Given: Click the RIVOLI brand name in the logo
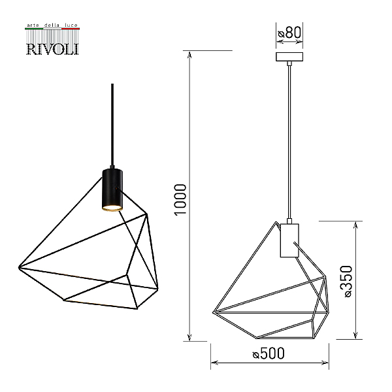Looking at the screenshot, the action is [52, 49].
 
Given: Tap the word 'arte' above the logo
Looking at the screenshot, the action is [33, 25].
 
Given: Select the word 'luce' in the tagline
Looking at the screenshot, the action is [71, 25].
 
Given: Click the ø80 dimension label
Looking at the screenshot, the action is [289, 33].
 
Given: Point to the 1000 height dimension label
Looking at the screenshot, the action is [180, 200].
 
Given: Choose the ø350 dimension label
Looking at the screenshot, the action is [346, 281].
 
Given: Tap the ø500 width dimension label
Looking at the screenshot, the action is [269, 353].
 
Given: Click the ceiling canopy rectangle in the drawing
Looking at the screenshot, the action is [289, 57].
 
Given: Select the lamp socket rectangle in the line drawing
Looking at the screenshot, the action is [289, 240].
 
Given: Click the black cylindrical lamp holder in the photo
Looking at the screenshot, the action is [112, 189].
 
